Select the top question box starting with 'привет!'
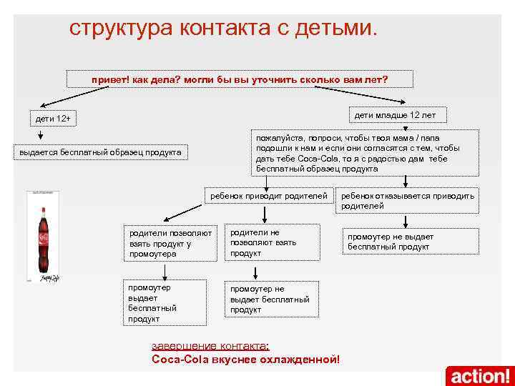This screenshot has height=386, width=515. coord(239,79)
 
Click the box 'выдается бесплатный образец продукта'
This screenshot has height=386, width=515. coord(101,152)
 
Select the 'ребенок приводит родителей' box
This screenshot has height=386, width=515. coord(269,195)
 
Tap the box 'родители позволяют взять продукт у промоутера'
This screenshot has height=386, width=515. coord(170,243)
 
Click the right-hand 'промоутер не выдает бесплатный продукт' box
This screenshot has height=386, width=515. coord(391,242)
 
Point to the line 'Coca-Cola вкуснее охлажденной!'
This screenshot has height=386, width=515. coord(246,359)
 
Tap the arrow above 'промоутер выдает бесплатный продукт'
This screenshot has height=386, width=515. coord(165,269)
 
